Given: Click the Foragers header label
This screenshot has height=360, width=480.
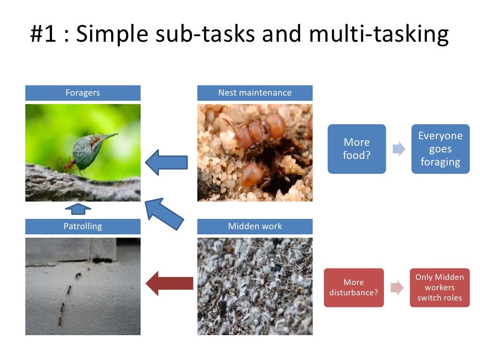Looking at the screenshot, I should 82,93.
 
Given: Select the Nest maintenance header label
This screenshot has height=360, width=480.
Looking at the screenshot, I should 255,93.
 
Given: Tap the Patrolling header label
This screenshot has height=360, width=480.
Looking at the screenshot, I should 82,226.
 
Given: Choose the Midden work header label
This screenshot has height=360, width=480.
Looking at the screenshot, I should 255,226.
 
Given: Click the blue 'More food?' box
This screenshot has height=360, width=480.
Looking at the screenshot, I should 356,149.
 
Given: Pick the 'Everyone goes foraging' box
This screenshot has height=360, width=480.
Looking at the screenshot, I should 440,149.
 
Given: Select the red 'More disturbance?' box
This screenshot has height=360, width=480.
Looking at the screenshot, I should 353,288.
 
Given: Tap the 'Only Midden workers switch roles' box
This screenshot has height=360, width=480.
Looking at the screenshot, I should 439,288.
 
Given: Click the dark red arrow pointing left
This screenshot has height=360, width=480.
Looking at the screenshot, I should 169,283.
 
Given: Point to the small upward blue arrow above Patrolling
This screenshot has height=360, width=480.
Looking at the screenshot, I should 77,210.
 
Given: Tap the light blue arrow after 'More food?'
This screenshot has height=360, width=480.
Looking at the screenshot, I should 398,149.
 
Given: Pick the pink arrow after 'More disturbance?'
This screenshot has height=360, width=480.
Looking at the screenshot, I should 397,288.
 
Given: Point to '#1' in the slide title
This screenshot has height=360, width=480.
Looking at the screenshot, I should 44,35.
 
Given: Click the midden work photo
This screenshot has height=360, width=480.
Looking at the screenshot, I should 255,286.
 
